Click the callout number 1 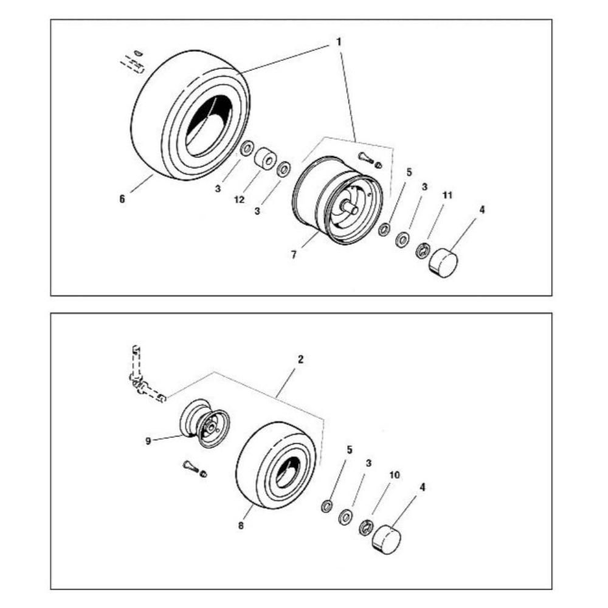(x=339, y=41)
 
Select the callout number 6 (x=122, y=199)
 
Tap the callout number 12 (x=239, y=199)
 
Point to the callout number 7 (x=294, y=255)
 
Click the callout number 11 (x=447, y=195)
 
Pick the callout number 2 (x=300, y=360)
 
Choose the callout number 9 (x=148, y=441)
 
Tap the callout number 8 (x=241, y=526)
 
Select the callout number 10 (x=395, y=475)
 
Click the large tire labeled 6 (x=190, y=114)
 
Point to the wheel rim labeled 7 (x=337, y=201)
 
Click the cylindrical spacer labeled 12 (x=265, y=158)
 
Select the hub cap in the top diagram (x=443, y=261)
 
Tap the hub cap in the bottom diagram (x=386, y=539)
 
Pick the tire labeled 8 (x=276, y=465)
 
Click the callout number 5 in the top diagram (x=409, y=172)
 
